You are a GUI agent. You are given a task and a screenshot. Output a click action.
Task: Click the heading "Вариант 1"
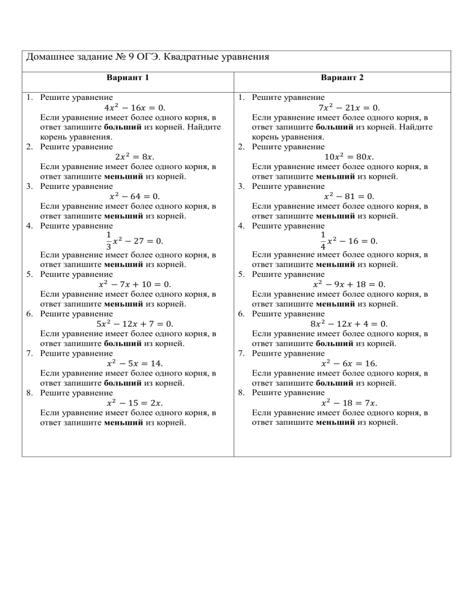128,78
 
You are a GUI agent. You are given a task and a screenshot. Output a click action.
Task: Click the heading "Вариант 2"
342,78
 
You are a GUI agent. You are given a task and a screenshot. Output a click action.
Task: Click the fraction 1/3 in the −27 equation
108,240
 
